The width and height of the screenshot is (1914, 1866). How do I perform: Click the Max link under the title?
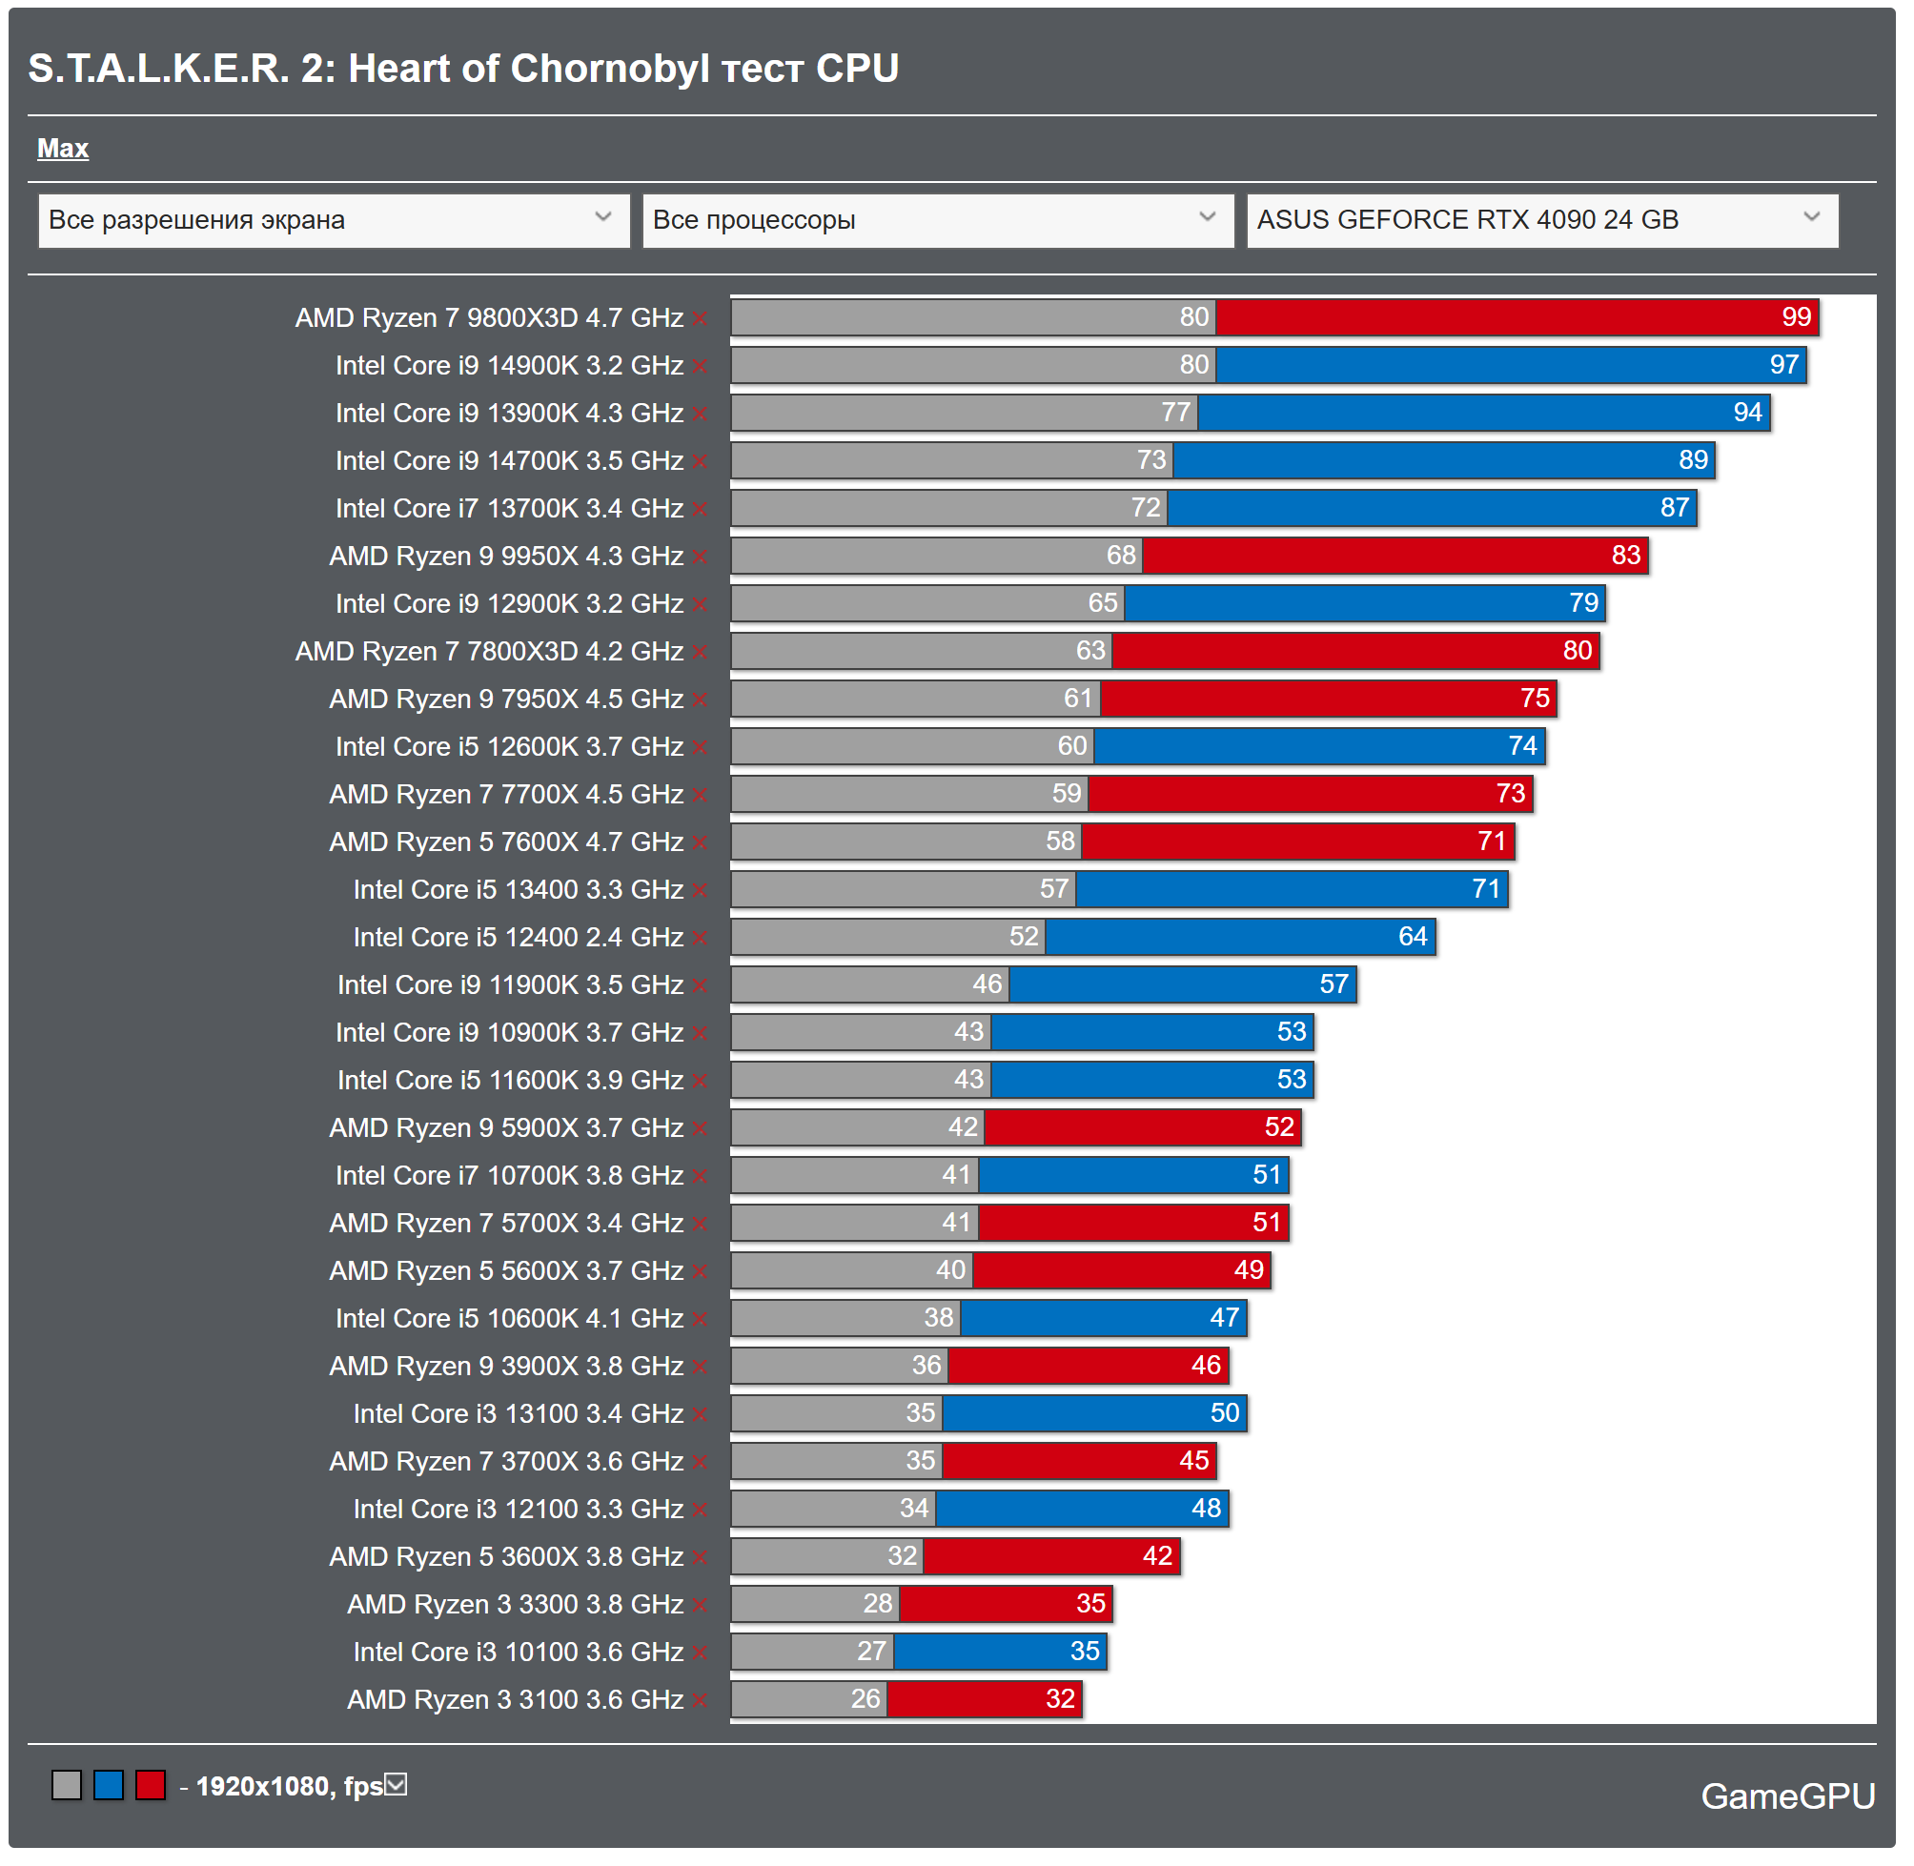pyautogui.click(x=63, y=149)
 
